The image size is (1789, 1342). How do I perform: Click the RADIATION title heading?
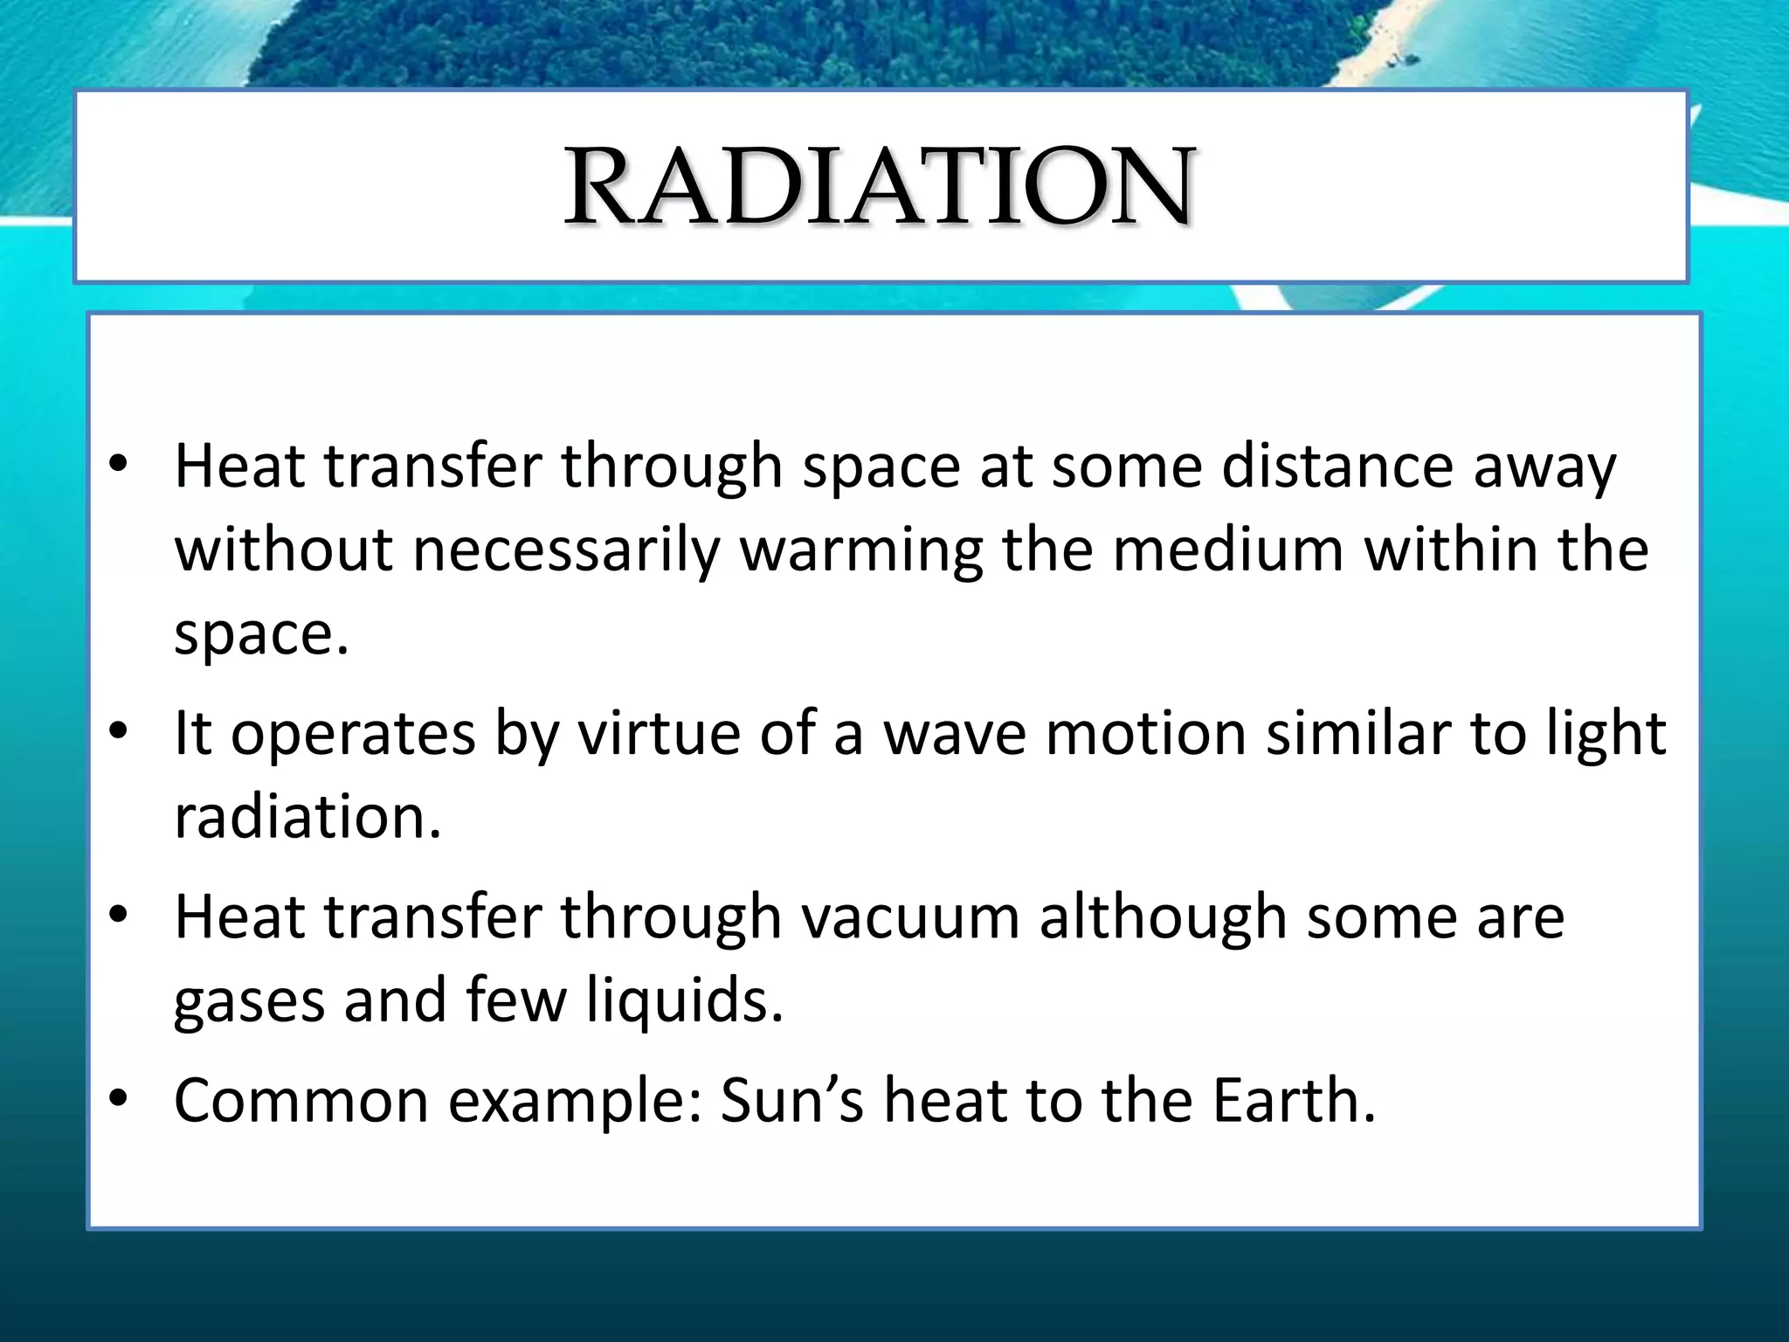click(x=879, y=186)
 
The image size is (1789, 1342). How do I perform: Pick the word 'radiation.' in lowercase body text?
click(x=307, y=816)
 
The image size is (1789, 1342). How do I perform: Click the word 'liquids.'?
click(x=684, y=1000)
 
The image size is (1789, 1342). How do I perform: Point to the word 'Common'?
click(x=301, y=1100)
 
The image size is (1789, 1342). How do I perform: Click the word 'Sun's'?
click(x=791, y=1100)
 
